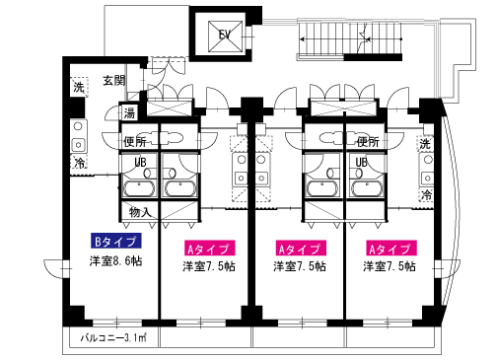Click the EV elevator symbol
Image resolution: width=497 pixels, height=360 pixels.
tap(225, 36)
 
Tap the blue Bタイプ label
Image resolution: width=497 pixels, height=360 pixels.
tap(116, 241)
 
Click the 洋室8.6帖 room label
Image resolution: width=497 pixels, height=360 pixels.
tap(116, 261)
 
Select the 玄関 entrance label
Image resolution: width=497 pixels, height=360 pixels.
tap(114, 81)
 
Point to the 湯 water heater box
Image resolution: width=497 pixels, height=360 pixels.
tap(129, 112)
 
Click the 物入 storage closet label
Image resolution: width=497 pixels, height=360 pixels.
tap(140, 212)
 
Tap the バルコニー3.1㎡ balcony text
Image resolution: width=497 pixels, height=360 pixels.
tap(113, 337)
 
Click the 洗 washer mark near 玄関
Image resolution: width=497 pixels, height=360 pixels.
tap(79, 87)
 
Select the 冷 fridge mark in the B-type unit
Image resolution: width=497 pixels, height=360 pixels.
tap(79, 162)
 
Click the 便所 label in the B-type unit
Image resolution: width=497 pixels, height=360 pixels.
tap(135, 142)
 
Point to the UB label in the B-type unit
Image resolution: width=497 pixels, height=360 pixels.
tap(140, 162)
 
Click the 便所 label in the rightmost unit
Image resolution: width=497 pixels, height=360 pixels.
tap(368, 142)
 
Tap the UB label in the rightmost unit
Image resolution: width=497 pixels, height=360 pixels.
tap(361, 162)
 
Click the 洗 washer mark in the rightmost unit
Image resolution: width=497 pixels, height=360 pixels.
tap(425, 144)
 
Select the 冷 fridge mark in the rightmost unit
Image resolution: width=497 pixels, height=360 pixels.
tap(426, 194)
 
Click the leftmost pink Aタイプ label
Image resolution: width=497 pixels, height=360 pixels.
tap(209, 249)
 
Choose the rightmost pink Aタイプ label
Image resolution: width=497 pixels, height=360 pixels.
tap(390, 249)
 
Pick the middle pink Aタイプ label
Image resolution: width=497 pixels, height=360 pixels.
tap(301, 249)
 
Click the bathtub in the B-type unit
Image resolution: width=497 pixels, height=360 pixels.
tap(139, 188)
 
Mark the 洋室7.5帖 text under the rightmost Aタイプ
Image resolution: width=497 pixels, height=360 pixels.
tap(390, 266)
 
